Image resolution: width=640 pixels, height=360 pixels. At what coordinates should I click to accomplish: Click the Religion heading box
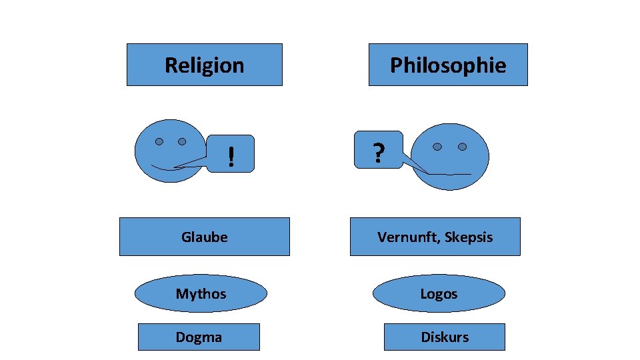[204, 65]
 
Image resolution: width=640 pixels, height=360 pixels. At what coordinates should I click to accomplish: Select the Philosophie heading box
[448, 65]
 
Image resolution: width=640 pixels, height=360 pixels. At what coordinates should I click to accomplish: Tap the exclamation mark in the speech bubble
[231, 157]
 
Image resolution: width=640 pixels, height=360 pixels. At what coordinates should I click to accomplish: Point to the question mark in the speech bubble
[378, 154]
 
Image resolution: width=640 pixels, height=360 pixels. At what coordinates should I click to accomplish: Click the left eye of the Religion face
[159, 141]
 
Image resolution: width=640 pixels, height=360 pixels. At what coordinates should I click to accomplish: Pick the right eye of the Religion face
[181, 141]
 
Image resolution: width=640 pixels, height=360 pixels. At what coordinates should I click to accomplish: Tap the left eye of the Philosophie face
[437, 147]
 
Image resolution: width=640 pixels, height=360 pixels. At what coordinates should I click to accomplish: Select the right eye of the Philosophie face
[462, 147]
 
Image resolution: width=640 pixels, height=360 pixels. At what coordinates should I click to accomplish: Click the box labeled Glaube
[204, 237]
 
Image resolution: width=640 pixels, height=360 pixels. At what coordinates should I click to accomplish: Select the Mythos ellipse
[201, 293]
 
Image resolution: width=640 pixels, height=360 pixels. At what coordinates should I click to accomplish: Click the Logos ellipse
[439, 293]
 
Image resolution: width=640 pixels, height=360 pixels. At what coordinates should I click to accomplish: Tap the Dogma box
[199, 337]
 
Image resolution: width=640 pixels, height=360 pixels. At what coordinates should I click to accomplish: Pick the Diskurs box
[445, 337]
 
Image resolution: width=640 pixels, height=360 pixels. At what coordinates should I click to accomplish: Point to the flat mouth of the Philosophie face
[450, 174]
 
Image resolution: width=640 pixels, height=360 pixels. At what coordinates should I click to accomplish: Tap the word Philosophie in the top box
[448, 65]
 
